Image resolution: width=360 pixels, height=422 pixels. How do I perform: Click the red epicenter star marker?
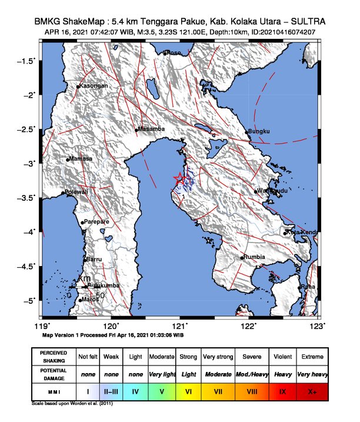(179, 178)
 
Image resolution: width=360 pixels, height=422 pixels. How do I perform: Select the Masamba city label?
(151, 129)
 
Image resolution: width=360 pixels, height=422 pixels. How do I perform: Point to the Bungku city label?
(259, 131)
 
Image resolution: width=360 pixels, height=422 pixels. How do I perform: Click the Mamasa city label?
(81, 159)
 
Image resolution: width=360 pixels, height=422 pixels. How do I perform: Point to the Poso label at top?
(174, 52)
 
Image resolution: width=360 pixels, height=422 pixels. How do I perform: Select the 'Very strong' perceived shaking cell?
(217, 357)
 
